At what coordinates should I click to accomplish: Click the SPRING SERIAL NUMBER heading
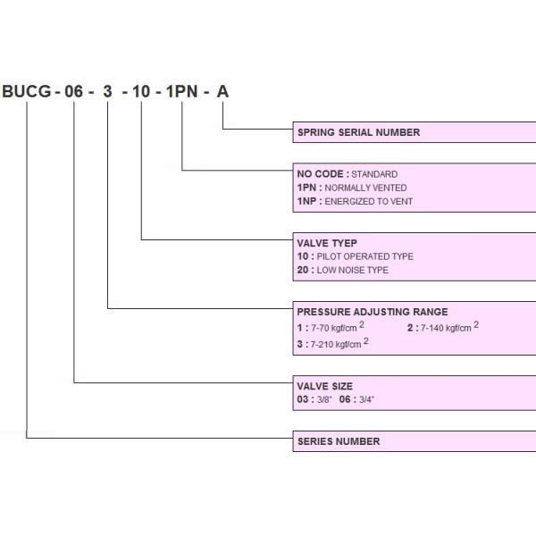click(x=357, y=132)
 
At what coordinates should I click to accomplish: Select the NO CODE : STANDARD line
click(x=347, y=174)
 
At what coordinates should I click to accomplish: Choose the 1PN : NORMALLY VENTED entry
click(x=351, y=188)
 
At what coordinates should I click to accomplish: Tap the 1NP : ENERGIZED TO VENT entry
click(x=355, y=202)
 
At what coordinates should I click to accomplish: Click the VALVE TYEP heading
click(x=327, y=243)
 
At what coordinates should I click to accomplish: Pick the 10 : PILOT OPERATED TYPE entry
click(x=355, y=256)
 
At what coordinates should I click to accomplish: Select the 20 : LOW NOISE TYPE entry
click(x=342, y=270)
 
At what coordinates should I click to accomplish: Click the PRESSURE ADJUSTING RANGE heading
click(x=372, y=312)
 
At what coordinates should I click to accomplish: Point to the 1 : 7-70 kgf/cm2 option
click(x=330, y=327)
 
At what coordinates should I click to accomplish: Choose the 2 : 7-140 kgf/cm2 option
click(x=442, y=327)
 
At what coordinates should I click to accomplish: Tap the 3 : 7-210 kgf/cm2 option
click(x=332, y=343)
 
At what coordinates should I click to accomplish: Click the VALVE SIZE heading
click(x=324, y=386)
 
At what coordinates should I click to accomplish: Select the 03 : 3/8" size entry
click(x=314, y=399)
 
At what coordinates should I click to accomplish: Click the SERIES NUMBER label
click(x=338, y=441)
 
